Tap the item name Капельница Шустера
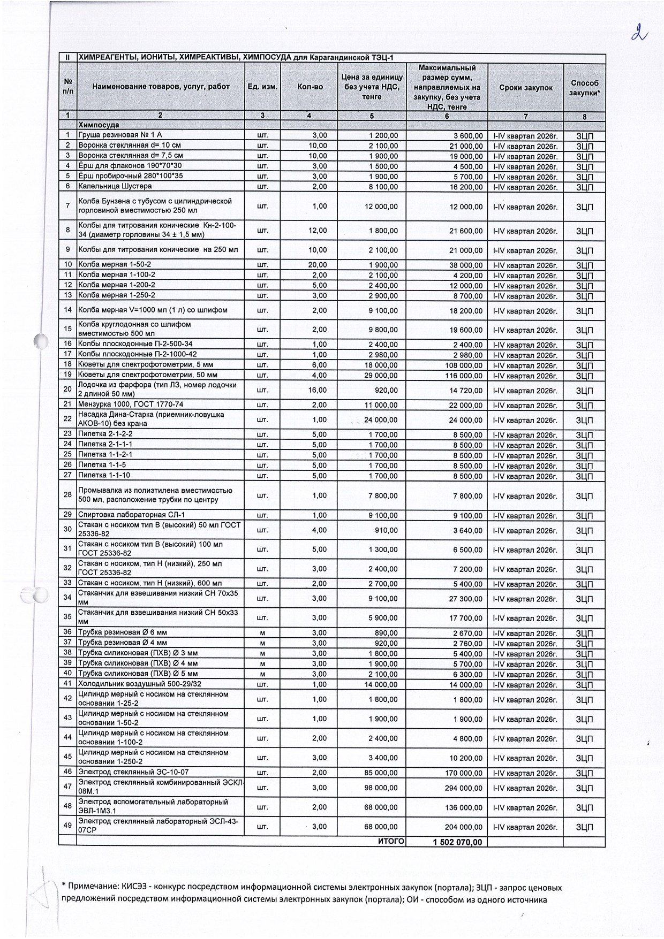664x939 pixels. [115, 186]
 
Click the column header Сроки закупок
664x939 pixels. [525, 88]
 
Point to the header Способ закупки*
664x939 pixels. [584, 88]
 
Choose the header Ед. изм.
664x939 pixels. [262, 87]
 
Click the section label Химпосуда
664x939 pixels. [99, 125]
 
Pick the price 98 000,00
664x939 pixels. [381, 788]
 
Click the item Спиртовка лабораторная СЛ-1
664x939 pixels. [124, 515]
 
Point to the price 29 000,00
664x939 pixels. [381, 375]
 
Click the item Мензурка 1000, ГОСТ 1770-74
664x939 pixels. [131, 404]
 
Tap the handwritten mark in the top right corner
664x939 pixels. [639, 33]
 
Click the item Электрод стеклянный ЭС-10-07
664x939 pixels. [133, 772]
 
